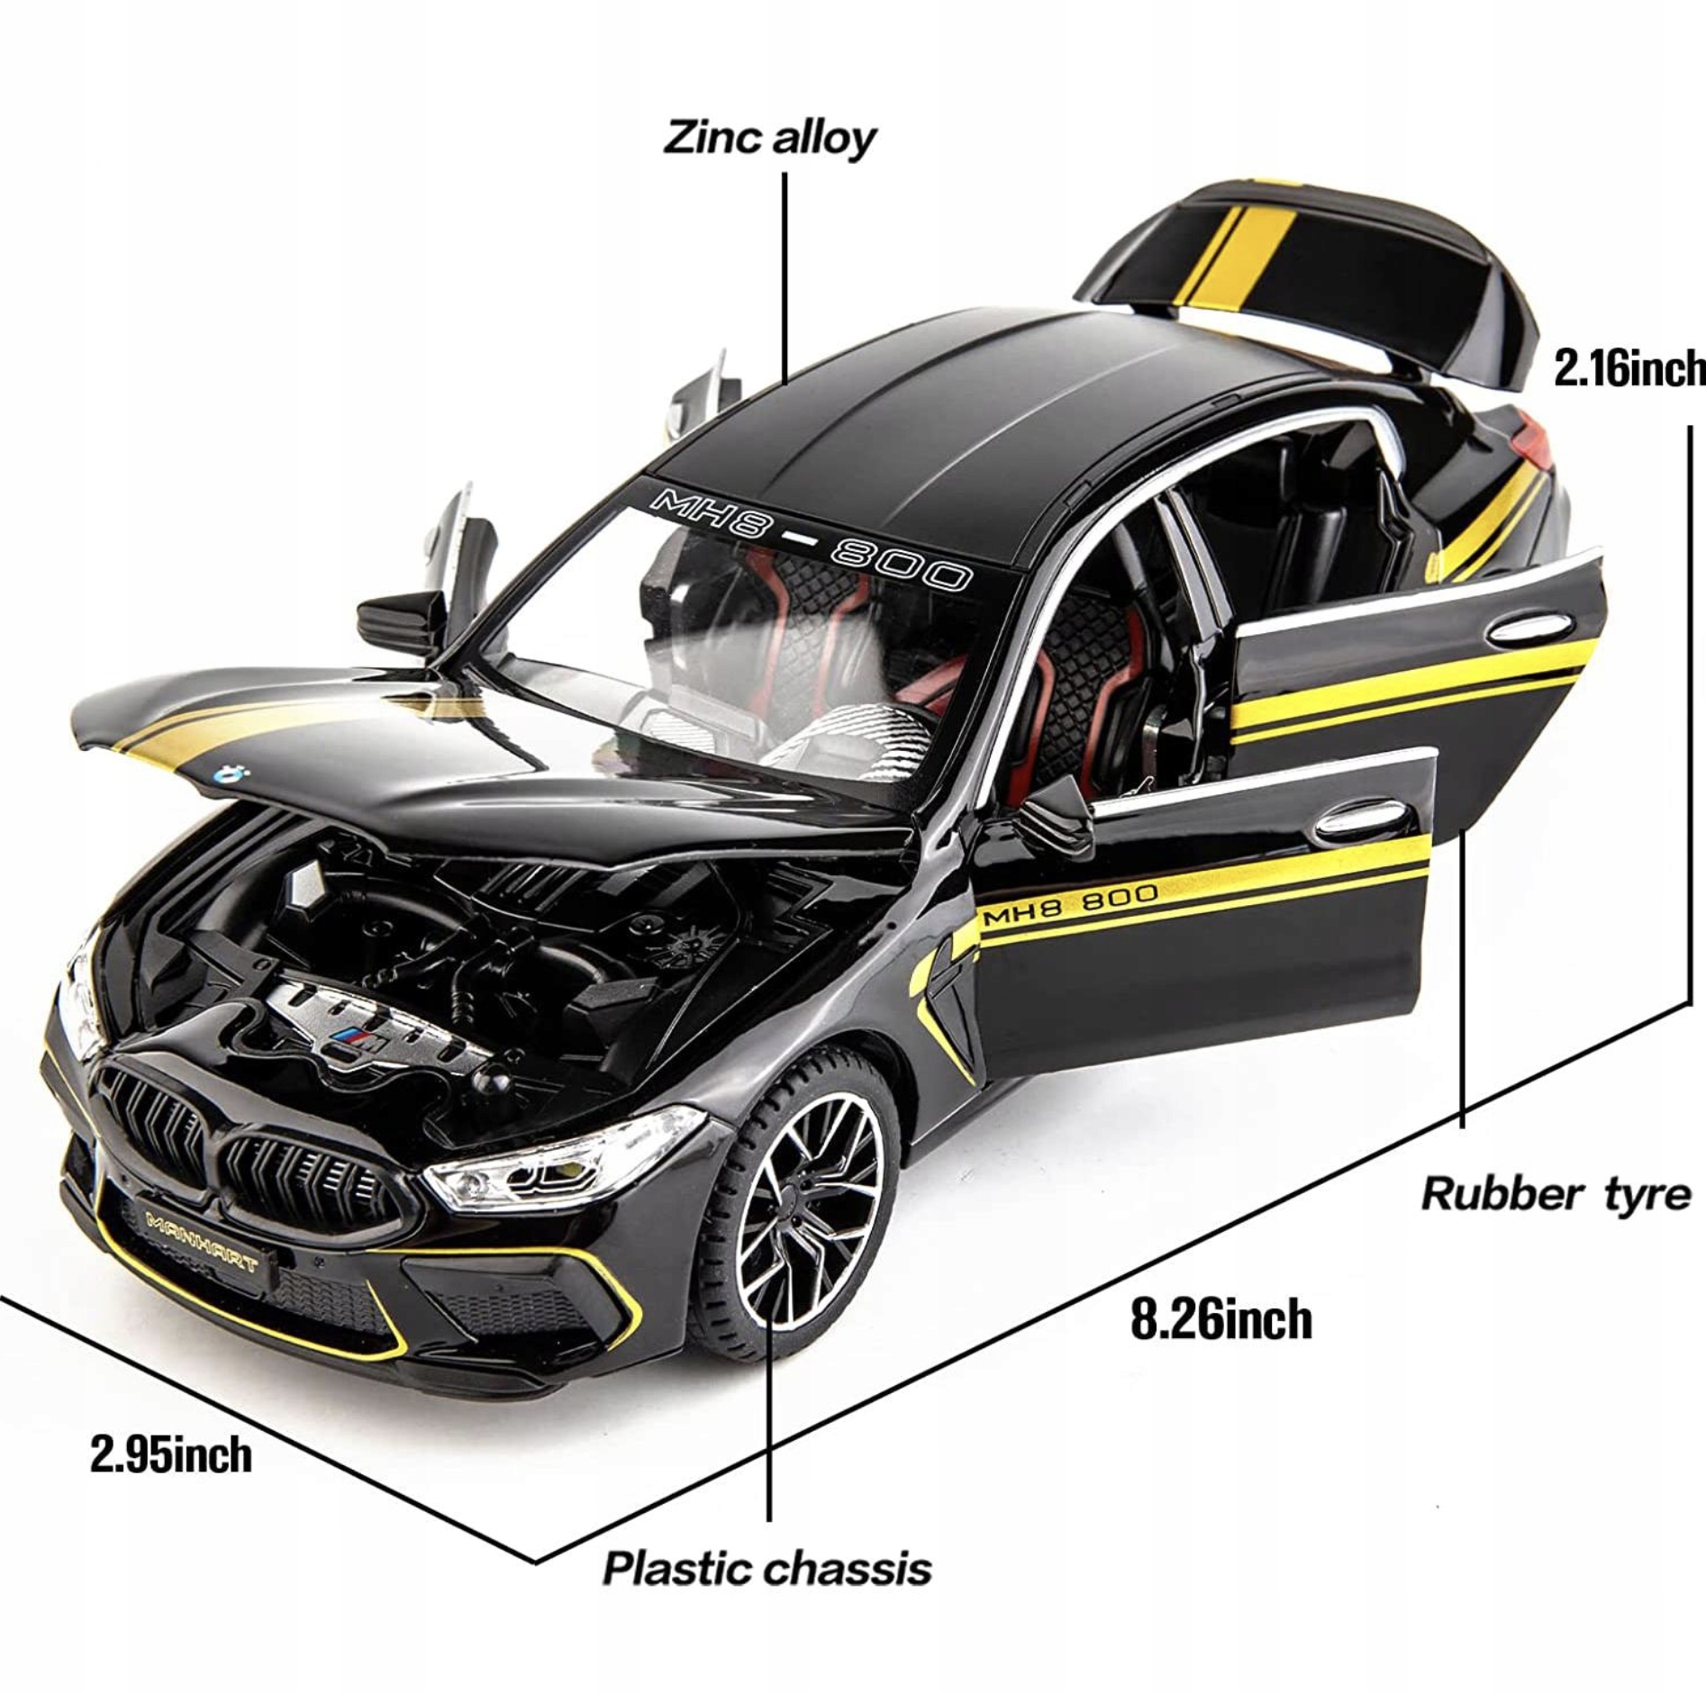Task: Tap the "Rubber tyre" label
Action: click(x=1556, y=1194)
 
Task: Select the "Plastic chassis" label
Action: click(x=767, y=1568)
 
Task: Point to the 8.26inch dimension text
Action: click(x=1221, y=1319)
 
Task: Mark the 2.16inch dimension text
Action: click(x=1629, y=369)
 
